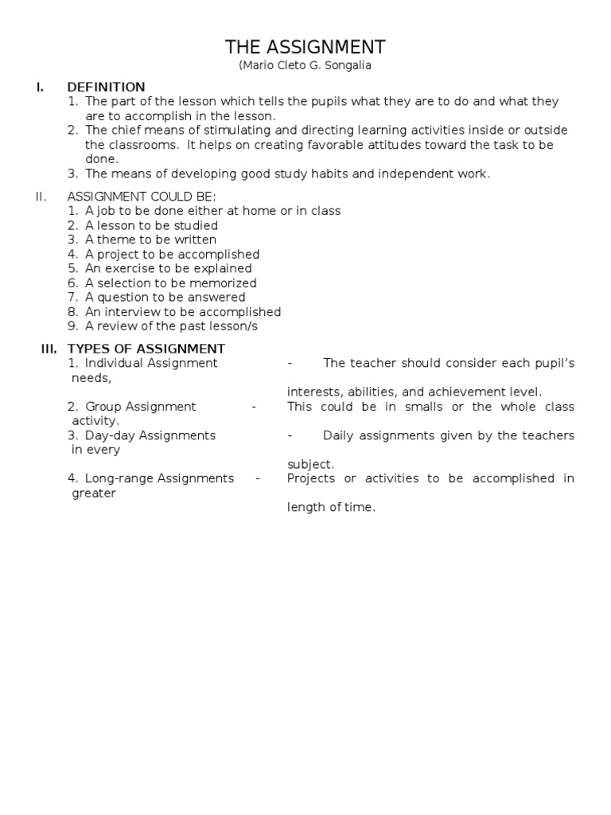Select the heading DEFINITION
(x=106, y=87)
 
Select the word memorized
(x=228, y=283)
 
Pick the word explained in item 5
(x=223, y=269)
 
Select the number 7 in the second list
(x=72, y=298)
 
